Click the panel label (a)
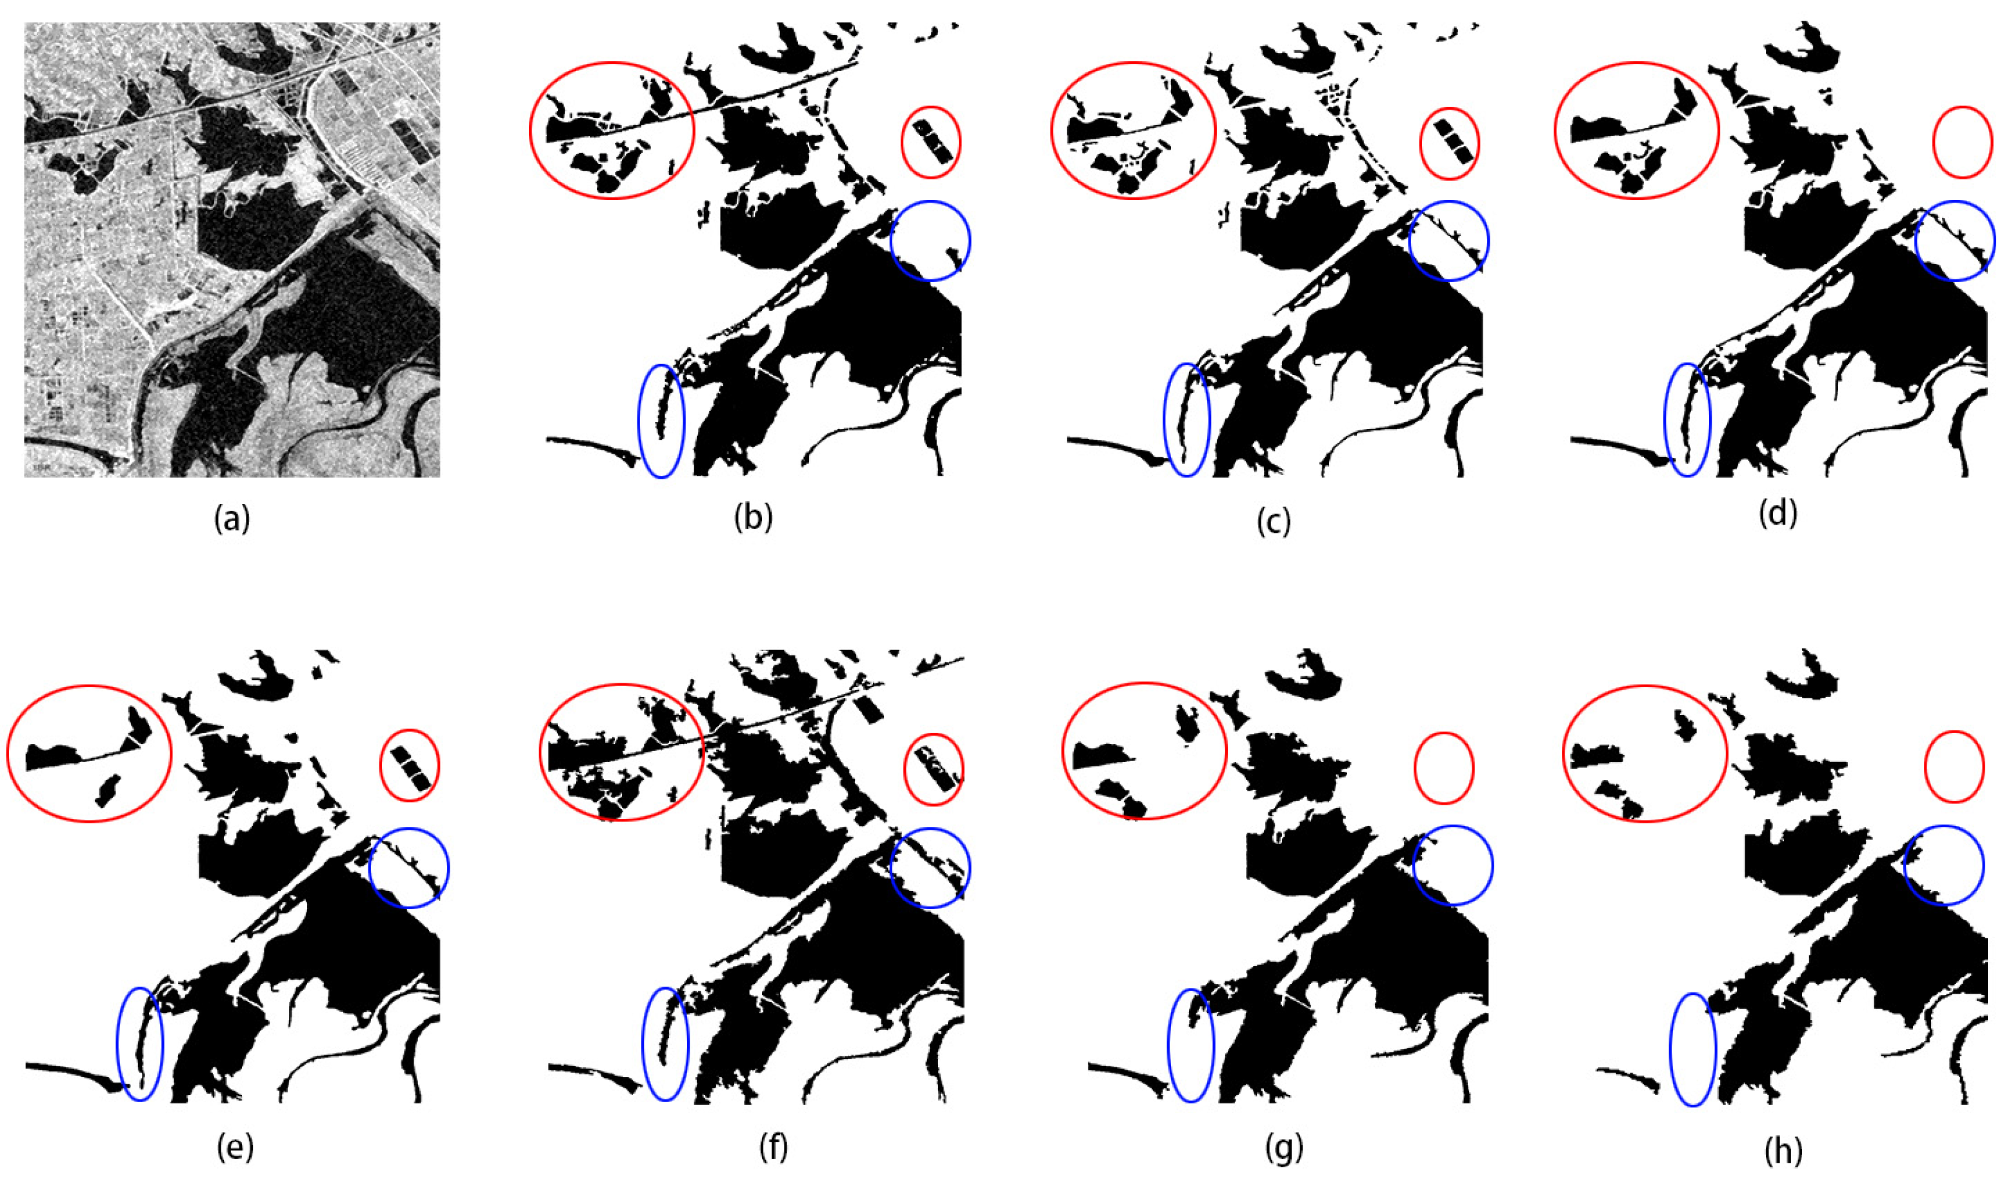(232, 519)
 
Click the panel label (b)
(753, 518)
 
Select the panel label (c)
(1273, 521)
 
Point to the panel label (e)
(235, 1147)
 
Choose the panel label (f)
(773, 1147)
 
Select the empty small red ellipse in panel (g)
(1416, 767)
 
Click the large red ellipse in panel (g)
(1063, 751)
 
